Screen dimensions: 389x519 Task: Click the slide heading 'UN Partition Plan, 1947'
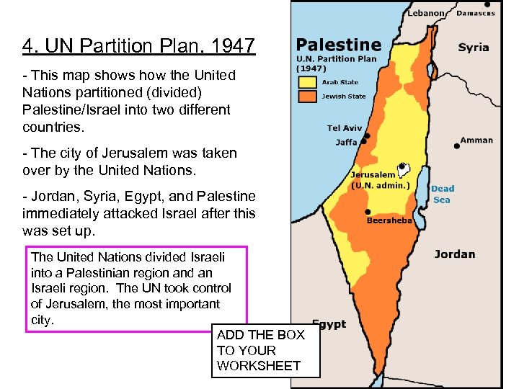click(x=138, y=47)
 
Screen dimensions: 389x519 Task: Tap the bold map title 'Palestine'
click(x=338, y=45)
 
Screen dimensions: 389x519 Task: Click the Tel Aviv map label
click(x=344, y=128)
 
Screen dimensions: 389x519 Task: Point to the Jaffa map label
click(x=346, y=142)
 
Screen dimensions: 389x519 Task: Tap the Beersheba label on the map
click(x=389, y=220)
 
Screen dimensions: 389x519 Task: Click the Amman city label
click(x=476, y=140)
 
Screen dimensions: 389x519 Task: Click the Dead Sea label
click(x=443, y=194)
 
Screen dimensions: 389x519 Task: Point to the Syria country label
click(x=474, y=48)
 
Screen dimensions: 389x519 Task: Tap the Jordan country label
click(x=454, y=254)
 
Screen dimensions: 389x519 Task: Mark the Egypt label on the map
click(x=329, y=324)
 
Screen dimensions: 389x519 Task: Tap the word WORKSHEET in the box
click(x=258, y=366)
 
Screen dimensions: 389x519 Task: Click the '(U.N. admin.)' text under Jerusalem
click(x=380, y=185)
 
